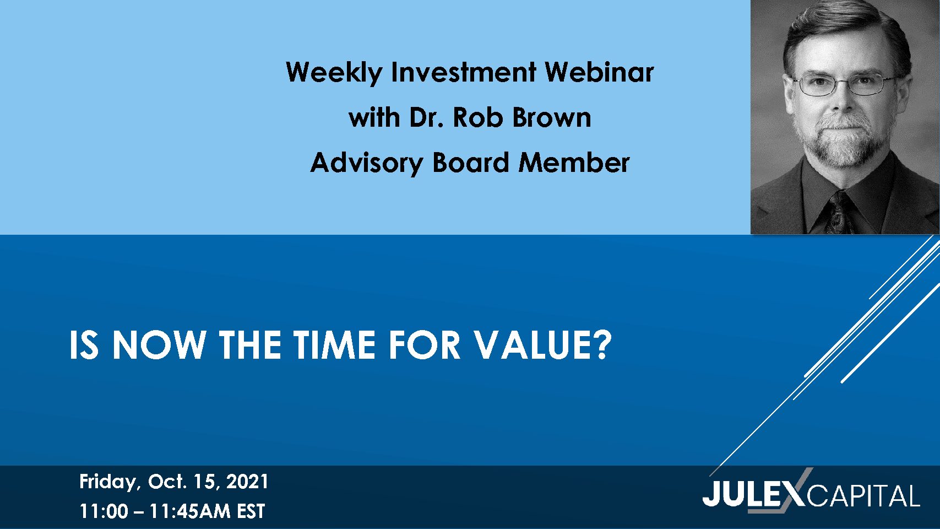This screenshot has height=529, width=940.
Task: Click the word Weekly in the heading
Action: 334,73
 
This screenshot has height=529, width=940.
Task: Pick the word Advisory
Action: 367,163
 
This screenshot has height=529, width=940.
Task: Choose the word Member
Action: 574,163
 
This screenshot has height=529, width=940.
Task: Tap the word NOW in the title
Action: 159,345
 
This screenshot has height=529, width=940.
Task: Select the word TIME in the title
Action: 334,345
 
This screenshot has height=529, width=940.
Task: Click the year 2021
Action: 247,482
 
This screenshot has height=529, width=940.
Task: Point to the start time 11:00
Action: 104,511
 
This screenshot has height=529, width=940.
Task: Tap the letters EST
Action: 251,511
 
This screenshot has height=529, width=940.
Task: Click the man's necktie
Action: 840,212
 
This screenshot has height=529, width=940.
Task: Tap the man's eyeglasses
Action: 844,84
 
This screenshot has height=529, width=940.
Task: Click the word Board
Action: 471,163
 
